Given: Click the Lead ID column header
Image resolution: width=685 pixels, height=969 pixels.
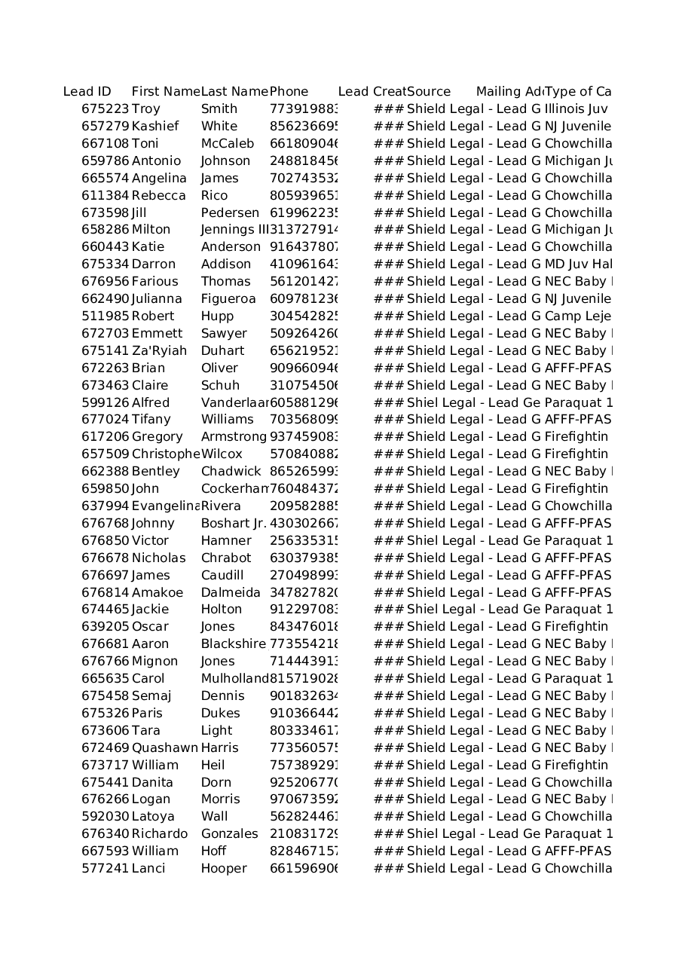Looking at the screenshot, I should pos(87,92).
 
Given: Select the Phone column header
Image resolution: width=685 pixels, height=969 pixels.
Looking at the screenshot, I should pos(289,92).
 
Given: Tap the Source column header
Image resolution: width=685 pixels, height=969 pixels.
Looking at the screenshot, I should pos(429,92).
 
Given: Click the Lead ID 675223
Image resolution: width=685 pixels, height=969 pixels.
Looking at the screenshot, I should pos(106,109).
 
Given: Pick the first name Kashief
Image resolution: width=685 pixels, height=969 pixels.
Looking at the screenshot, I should pos(155,127).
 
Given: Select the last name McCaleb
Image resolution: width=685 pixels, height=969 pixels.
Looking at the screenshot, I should pos(228,144).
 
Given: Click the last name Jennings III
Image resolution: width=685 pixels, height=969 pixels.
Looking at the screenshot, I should pos(234,230).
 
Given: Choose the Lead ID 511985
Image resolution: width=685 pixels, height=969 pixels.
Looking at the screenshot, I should pos(106,316).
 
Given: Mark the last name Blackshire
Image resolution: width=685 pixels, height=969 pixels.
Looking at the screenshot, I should pos(234,644).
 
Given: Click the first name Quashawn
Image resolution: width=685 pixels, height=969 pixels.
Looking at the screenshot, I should pos(165,748).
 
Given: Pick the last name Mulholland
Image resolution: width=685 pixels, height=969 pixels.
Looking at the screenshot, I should pos(234,679).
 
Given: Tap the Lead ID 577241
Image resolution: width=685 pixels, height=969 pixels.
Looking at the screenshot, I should pos(106,869).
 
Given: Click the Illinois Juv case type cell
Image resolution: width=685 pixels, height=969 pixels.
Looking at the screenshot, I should pos(576,109).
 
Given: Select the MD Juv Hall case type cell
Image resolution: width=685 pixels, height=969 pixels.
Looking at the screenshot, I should pos(578,264).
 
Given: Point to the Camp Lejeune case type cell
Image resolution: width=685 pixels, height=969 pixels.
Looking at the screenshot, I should pos(578,316).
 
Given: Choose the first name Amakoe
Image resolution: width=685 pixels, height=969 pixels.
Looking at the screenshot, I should pos(157,593).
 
